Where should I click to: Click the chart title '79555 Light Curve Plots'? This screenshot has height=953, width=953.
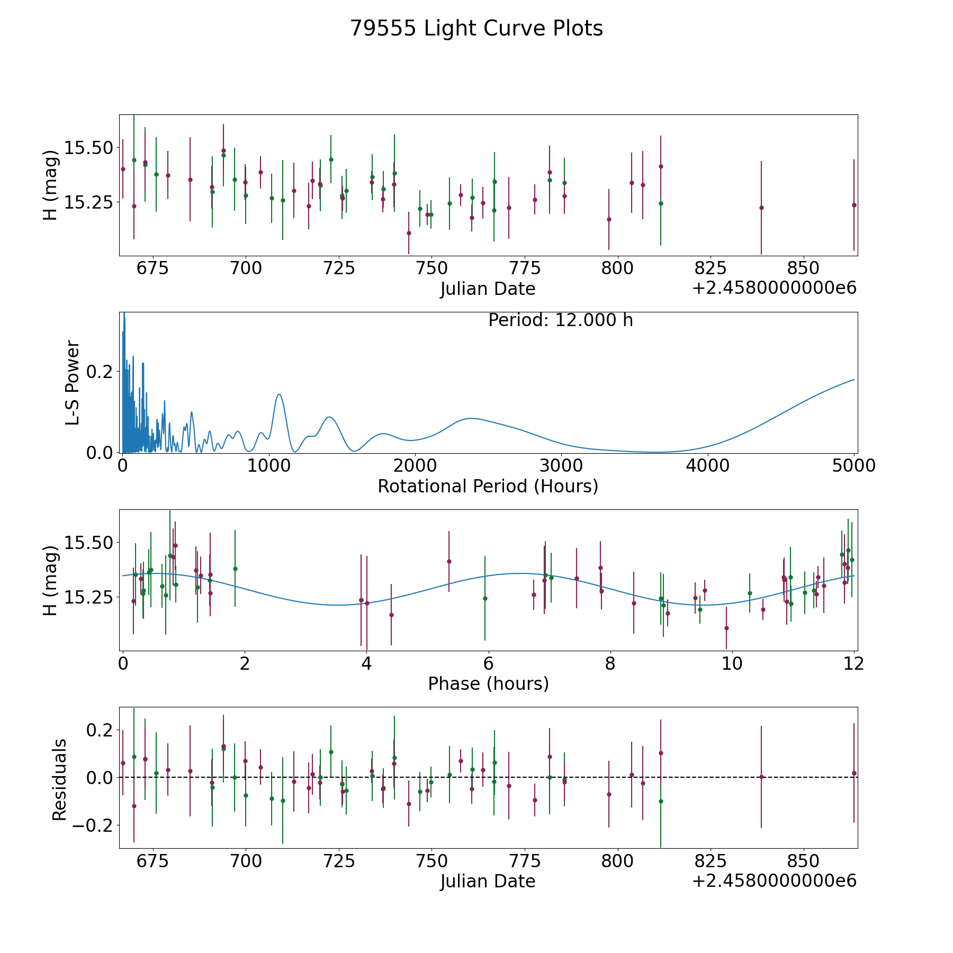(x=477, y=29)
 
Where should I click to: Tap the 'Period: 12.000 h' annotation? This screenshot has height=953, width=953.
(x=560, y=320)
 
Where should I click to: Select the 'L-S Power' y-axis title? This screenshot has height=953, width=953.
(x=73, y=382)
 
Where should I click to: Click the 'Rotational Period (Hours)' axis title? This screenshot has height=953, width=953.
(x=488, y=486)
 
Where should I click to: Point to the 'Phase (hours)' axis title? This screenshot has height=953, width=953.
(x=488, y=684)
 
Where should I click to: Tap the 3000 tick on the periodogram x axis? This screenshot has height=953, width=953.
(x=561, y=465)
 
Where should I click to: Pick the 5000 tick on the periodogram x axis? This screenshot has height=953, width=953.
(x=853, y=465)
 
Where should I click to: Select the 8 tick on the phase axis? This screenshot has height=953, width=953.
(x=610, y=663)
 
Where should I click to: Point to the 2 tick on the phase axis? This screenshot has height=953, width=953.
(x=245, y=663)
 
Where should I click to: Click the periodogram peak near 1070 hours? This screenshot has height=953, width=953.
(x=279, y=394)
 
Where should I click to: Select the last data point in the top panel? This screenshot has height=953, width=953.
(x=854, y=205)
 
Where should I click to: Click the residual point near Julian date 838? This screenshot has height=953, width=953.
(x=761, y=777)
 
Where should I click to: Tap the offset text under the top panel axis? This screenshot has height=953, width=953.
(x=774, y=288)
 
